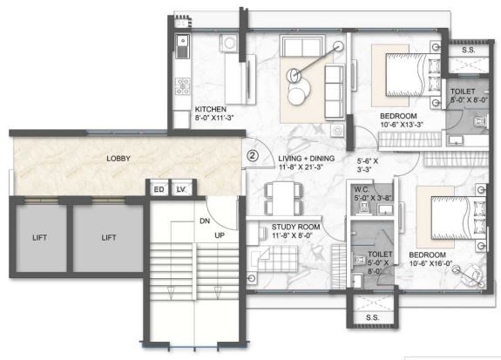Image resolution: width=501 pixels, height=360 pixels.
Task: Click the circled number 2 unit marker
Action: pos(253,156)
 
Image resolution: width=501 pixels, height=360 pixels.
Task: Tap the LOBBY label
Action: pos(118,159)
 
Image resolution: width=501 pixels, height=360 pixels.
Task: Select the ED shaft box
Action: pos(159,189)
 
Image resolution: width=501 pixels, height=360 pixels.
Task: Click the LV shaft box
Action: pos(181,189)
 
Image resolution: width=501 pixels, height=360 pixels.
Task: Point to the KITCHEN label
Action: pos(211,109)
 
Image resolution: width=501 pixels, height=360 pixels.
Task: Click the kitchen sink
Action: pos(182,46)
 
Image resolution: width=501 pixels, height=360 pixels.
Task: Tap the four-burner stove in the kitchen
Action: pos(183,86)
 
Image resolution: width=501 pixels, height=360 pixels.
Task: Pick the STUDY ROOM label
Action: pos(295,227)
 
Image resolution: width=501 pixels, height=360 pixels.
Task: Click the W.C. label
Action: pos(362,189)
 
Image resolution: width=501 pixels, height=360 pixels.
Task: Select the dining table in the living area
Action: pos(283,198)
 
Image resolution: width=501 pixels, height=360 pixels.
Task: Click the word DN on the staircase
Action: pos(205,221)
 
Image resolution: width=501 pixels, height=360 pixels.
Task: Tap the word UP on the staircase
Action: pos(220,235)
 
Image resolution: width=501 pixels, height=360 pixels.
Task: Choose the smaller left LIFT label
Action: pos(39,238)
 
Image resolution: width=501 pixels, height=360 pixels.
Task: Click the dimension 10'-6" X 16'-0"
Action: pos(430,263)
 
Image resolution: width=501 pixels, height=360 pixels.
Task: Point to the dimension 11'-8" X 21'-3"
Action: pos(301,166)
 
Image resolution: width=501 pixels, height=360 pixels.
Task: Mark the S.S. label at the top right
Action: pos(469,50)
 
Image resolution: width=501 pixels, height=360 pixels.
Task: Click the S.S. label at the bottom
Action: pos(373,317)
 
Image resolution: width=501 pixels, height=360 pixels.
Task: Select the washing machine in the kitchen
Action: pos(229,43)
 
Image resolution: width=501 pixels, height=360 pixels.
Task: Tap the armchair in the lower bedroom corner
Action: pos(471,276)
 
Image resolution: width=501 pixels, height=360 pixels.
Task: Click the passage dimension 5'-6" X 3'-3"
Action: pos(368,165)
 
